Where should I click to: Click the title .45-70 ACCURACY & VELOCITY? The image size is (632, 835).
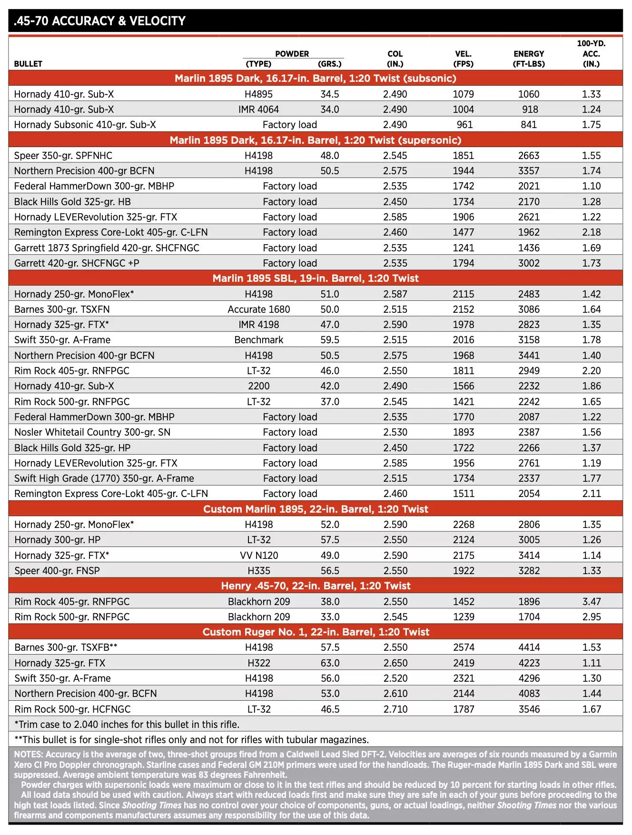pyautogui.click(x=99, y=21)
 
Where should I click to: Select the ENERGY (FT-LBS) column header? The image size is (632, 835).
pyautogui.click(x=529, y=59)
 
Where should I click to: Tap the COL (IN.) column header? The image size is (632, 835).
pyautogui.click(x=395, y=59)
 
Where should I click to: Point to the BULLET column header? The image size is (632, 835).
pyautogui.click(x=28, y=64)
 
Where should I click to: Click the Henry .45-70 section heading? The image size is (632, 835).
pyautogui.click(x=316, y=586)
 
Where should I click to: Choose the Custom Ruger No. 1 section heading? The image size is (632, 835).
pyautogui.click(x=316, y=632)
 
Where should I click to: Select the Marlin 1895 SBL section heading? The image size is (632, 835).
pyautogui.click(x=316, y=278)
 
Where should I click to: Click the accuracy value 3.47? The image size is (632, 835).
pyautogui.click(x=592, y=601)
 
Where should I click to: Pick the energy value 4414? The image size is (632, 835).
pyautogui.click(x=529, y=647)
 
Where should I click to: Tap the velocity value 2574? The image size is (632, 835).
pyautogui.click(x=464, y=647)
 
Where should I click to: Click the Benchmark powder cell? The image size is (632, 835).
pyautogui.click(x=259, y=340)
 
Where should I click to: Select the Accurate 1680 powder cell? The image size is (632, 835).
pyautogui.click(x=259, y=309)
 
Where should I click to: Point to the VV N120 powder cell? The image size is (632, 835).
pyautogui.click(x=259, y=555)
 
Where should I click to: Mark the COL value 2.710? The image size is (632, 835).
pyautogui.click(x=395, y=709)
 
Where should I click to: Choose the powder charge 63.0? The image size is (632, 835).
pyautogui.click(x=330, y=663)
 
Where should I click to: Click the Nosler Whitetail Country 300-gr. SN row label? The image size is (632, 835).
pyautogui.click(x=92, y=432)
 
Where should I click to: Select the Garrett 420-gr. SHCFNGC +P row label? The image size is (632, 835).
pyautogui.click(x=77, y=263)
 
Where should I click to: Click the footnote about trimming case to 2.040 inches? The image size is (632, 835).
pyautogui.click(x=127, y=725)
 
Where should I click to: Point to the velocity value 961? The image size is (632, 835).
pyautogui.click(x=464, y=125)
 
